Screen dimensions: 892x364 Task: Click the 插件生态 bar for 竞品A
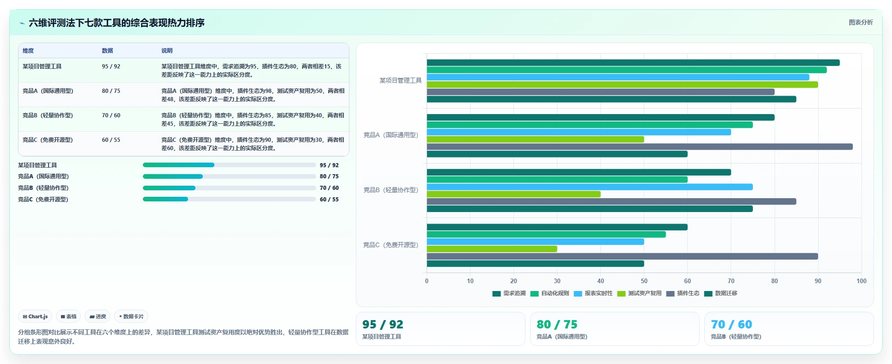coord(640,147)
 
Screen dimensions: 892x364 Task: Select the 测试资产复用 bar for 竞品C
coord(492,249)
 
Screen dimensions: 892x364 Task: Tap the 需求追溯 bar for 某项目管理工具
coord(633,63)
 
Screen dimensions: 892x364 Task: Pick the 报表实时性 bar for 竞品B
coord(590,187)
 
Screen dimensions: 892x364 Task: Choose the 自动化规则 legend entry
coord(550,293)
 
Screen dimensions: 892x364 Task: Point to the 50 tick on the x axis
coord(644,281)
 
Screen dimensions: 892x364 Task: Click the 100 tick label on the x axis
coord(861,281)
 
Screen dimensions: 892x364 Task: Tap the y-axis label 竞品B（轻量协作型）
coord(391,190)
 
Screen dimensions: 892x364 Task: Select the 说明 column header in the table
coord(167,51)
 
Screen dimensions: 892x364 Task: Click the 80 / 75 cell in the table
coord(111,91)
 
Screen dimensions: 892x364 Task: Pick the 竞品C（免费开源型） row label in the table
coord(48,140)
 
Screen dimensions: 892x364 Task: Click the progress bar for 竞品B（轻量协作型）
coord(229,188)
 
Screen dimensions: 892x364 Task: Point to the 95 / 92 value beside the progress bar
coord(329,165)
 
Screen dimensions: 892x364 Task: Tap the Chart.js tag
coord(35,316)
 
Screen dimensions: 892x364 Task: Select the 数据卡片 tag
coord(131,316)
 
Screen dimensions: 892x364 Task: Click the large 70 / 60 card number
coord(732,324)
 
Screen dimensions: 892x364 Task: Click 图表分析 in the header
coord(861,22)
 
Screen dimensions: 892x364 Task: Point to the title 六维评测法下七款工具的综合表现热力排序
coord(116,23)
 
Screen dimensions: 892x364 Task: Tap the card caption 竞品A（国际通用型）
coord(562,337)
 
